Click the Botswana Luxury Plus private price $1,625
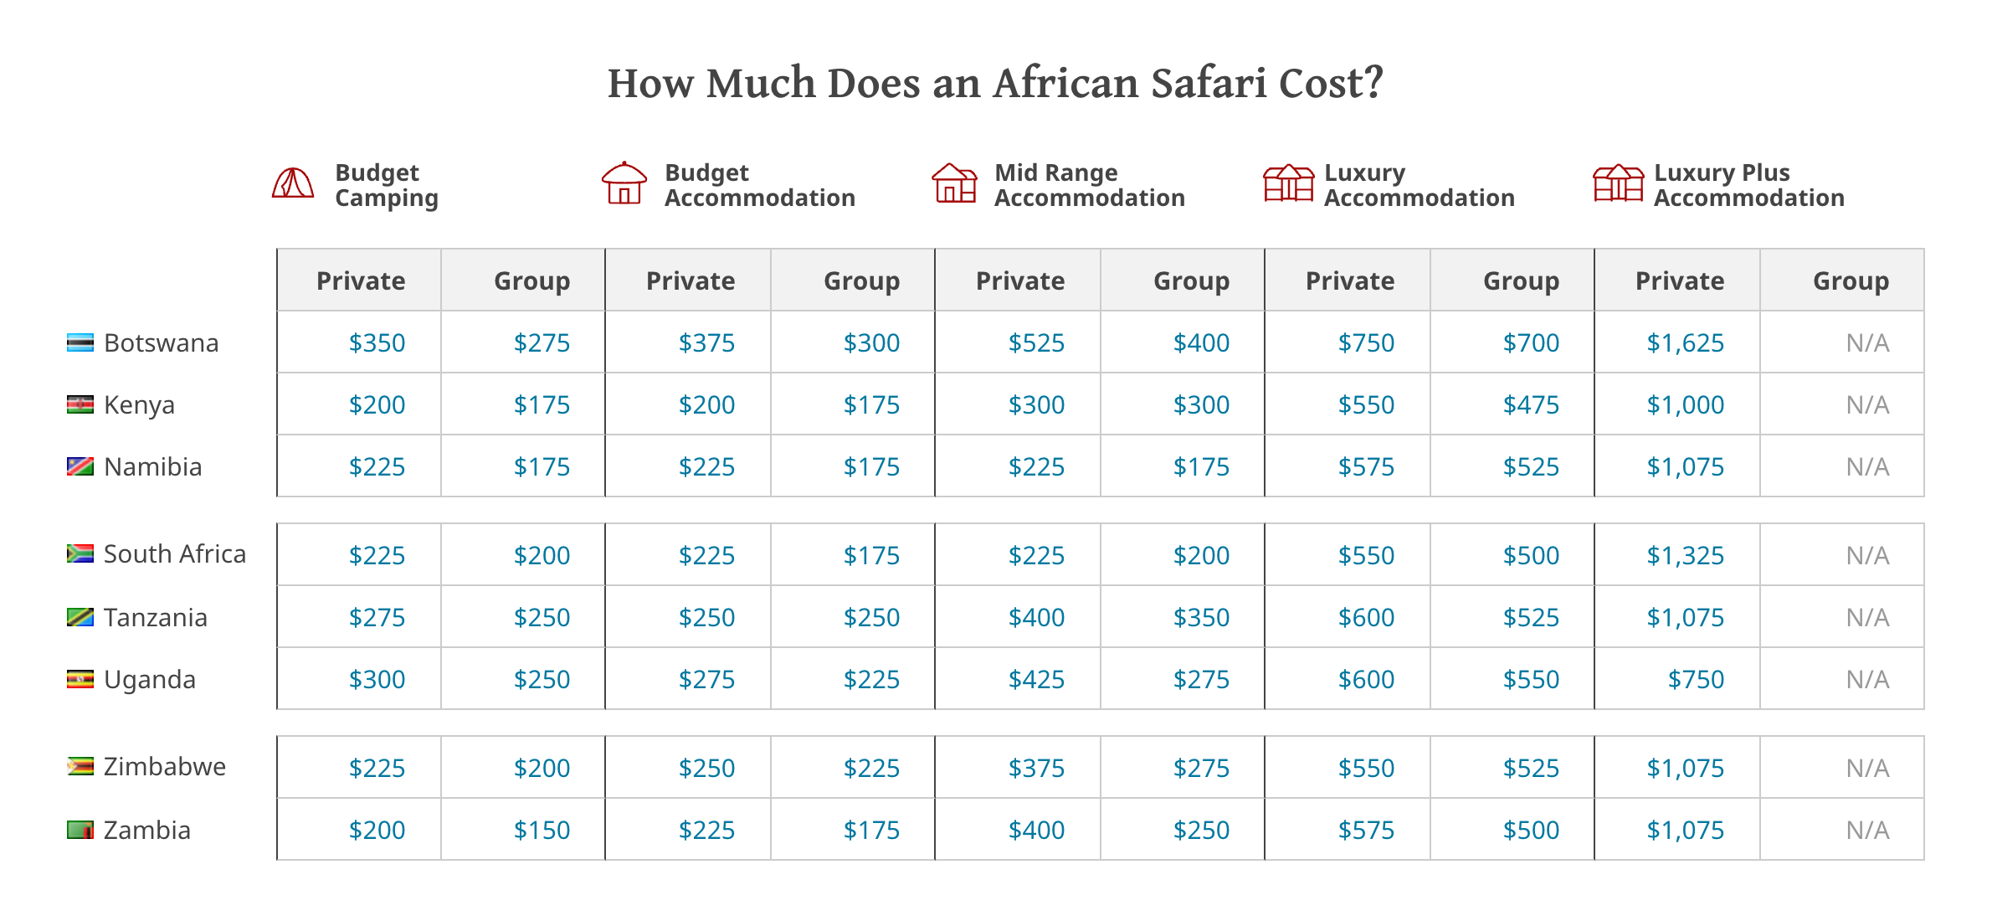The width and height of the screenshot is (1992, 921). click(1685, 343)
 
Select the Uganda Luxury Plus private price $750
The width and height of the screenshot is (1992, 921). click(1696, 680)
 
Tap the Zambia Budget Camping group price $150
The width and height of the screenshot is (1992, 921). click(542, 831)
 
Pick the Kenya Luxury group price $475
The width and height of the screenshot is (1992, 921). click(1531, 405)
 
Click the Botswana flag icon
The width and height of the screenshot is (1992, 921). click(80, 343)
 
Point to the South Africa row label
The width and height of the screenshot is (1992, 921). click(174, 554)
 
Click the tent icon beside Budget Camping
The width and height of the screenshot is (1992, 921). click(293, 183)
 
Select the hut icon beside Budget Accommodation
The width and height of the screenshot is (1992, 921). click(624, 183)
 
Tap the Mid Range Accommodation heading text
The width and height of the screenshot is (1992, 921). click(1089, 185)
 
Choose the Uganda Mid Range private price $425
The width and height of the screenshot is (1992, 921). click(1036, 680)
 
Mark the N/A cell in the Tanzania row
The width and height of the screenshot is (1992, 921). click(1867, 618)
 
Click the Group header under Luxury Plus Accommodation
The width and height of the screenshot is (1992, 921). click(1851, 281)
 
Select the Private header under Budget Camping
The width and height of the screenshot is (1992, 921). click(361, 281)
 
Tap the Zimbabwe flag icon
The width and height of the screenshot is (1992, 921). click(80, 767)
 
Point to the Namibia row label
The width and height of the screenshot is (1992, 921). click(152, 467)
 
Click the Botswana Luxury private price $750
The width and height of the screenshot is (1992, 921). click(1366, 343)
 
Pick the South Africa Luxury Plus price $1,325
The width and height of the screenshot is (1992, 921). click(1685, 556)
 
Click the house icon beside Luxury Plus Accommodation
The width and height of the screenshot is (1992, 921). click(1618, 183)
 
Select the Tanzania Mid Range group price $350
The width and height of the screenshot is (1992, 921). click(1201, 618)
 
